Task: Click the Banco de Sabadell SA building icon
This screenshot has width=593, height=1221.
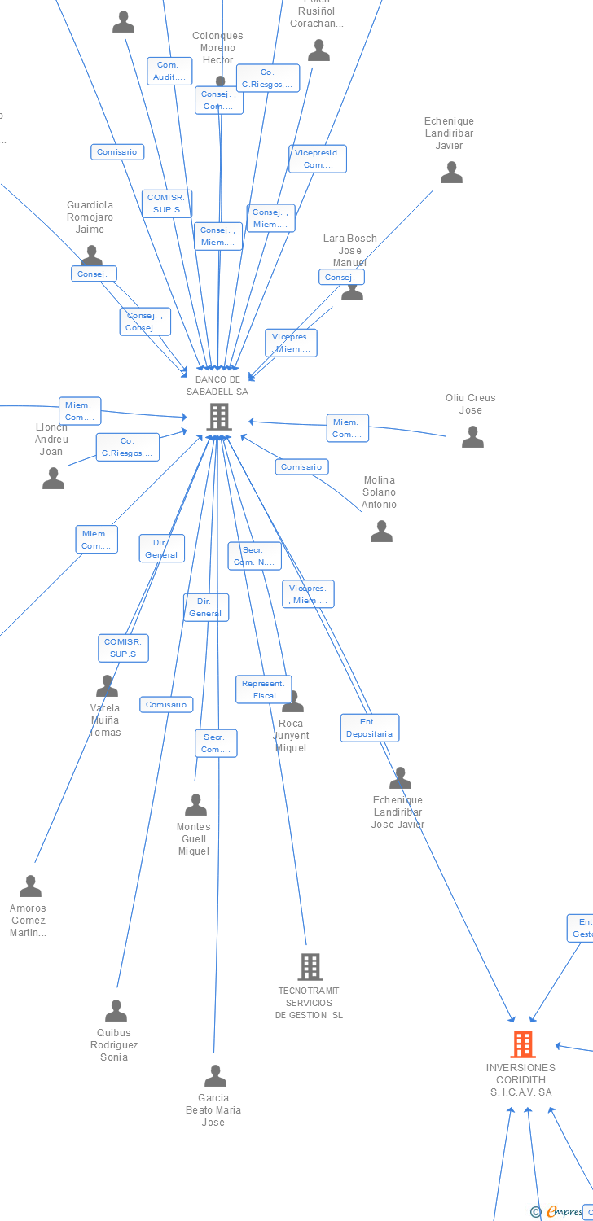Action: tap(218, 417)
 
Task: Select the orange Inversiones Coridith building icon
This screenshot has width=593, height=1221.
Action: tap(522, 1044)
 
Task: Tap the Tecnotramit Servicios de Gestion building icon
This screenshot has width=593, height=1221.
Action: tap(310, 967)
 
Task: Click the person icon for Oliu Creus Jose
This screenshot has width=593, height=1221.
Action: tap(472, 437)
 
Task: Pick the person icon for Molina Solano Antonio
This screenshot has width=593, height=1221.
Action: tap(381, 532)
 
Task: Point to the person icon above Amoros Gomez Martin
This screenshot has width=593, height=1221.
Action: tap(30, 886)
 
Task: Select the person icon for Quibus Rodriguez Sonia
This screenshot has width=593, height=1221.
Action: tap(116, 1011)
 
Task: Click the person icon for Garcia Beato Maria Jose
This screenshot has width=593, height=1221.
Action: tap(215, 1075)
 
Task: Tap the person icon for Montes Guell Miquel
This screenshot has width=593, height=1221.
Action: tap(195, 804)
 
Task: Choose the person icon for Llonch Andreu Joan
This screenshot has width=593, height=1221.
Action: tap(53, 478)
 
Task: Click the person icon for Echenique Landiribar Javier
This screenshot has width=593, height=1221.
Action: tap(451, 173)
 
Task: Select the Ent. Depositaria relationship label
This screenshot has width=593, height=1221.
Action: tap(369, 728)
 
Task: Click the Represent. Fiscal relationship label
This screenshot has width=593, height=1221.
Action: tap(263, 689)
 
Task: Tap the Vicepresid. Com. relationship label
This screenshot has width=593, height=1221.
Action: tap(318, 159)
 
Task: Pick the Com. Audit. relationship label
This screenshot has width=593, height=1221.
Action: tap(169, 71)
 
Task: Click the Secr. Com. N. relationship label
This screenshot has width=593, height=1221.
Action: tap(254, 556)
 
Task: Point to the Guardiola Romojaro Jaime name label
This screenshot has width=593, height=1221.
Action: tap(90, 217)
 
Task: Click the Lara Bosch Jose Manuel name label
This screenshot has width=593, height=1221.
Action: tap(350, 250)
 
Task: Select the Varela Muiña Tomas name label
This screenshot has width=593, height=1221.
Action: tap(105, 720)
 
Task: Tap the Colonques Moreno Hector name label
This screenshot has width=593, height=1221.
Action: tap(217, 48)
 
